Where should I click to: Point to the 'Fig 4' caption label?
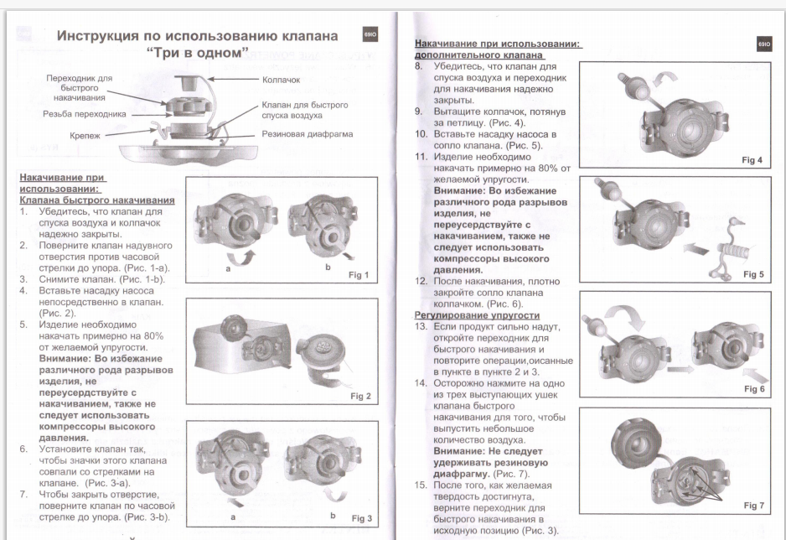point(756,161)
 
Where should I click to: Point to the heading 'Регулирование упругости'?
point(477,314)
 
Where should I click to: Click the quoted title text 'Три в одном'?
point(198,55)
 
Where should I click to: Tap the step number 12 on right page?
point(421,281)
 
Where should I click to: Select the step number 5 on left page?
point(24,322)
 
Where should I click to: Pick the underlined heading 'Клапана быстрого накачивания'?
point(97,200)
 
